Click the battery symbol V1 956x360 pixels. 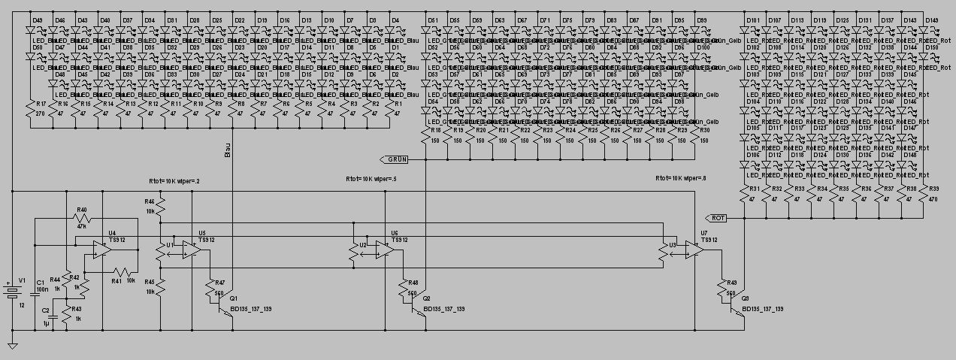13,291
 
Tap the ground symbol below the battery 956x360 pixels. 13,346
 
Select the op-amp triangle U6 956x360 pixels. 384,252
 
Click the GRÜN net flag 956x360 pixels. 395,159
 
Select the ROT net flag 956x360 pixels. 718,217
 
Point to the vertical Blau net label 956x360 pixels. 228,151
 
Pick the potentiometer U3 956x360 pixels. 662,254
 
